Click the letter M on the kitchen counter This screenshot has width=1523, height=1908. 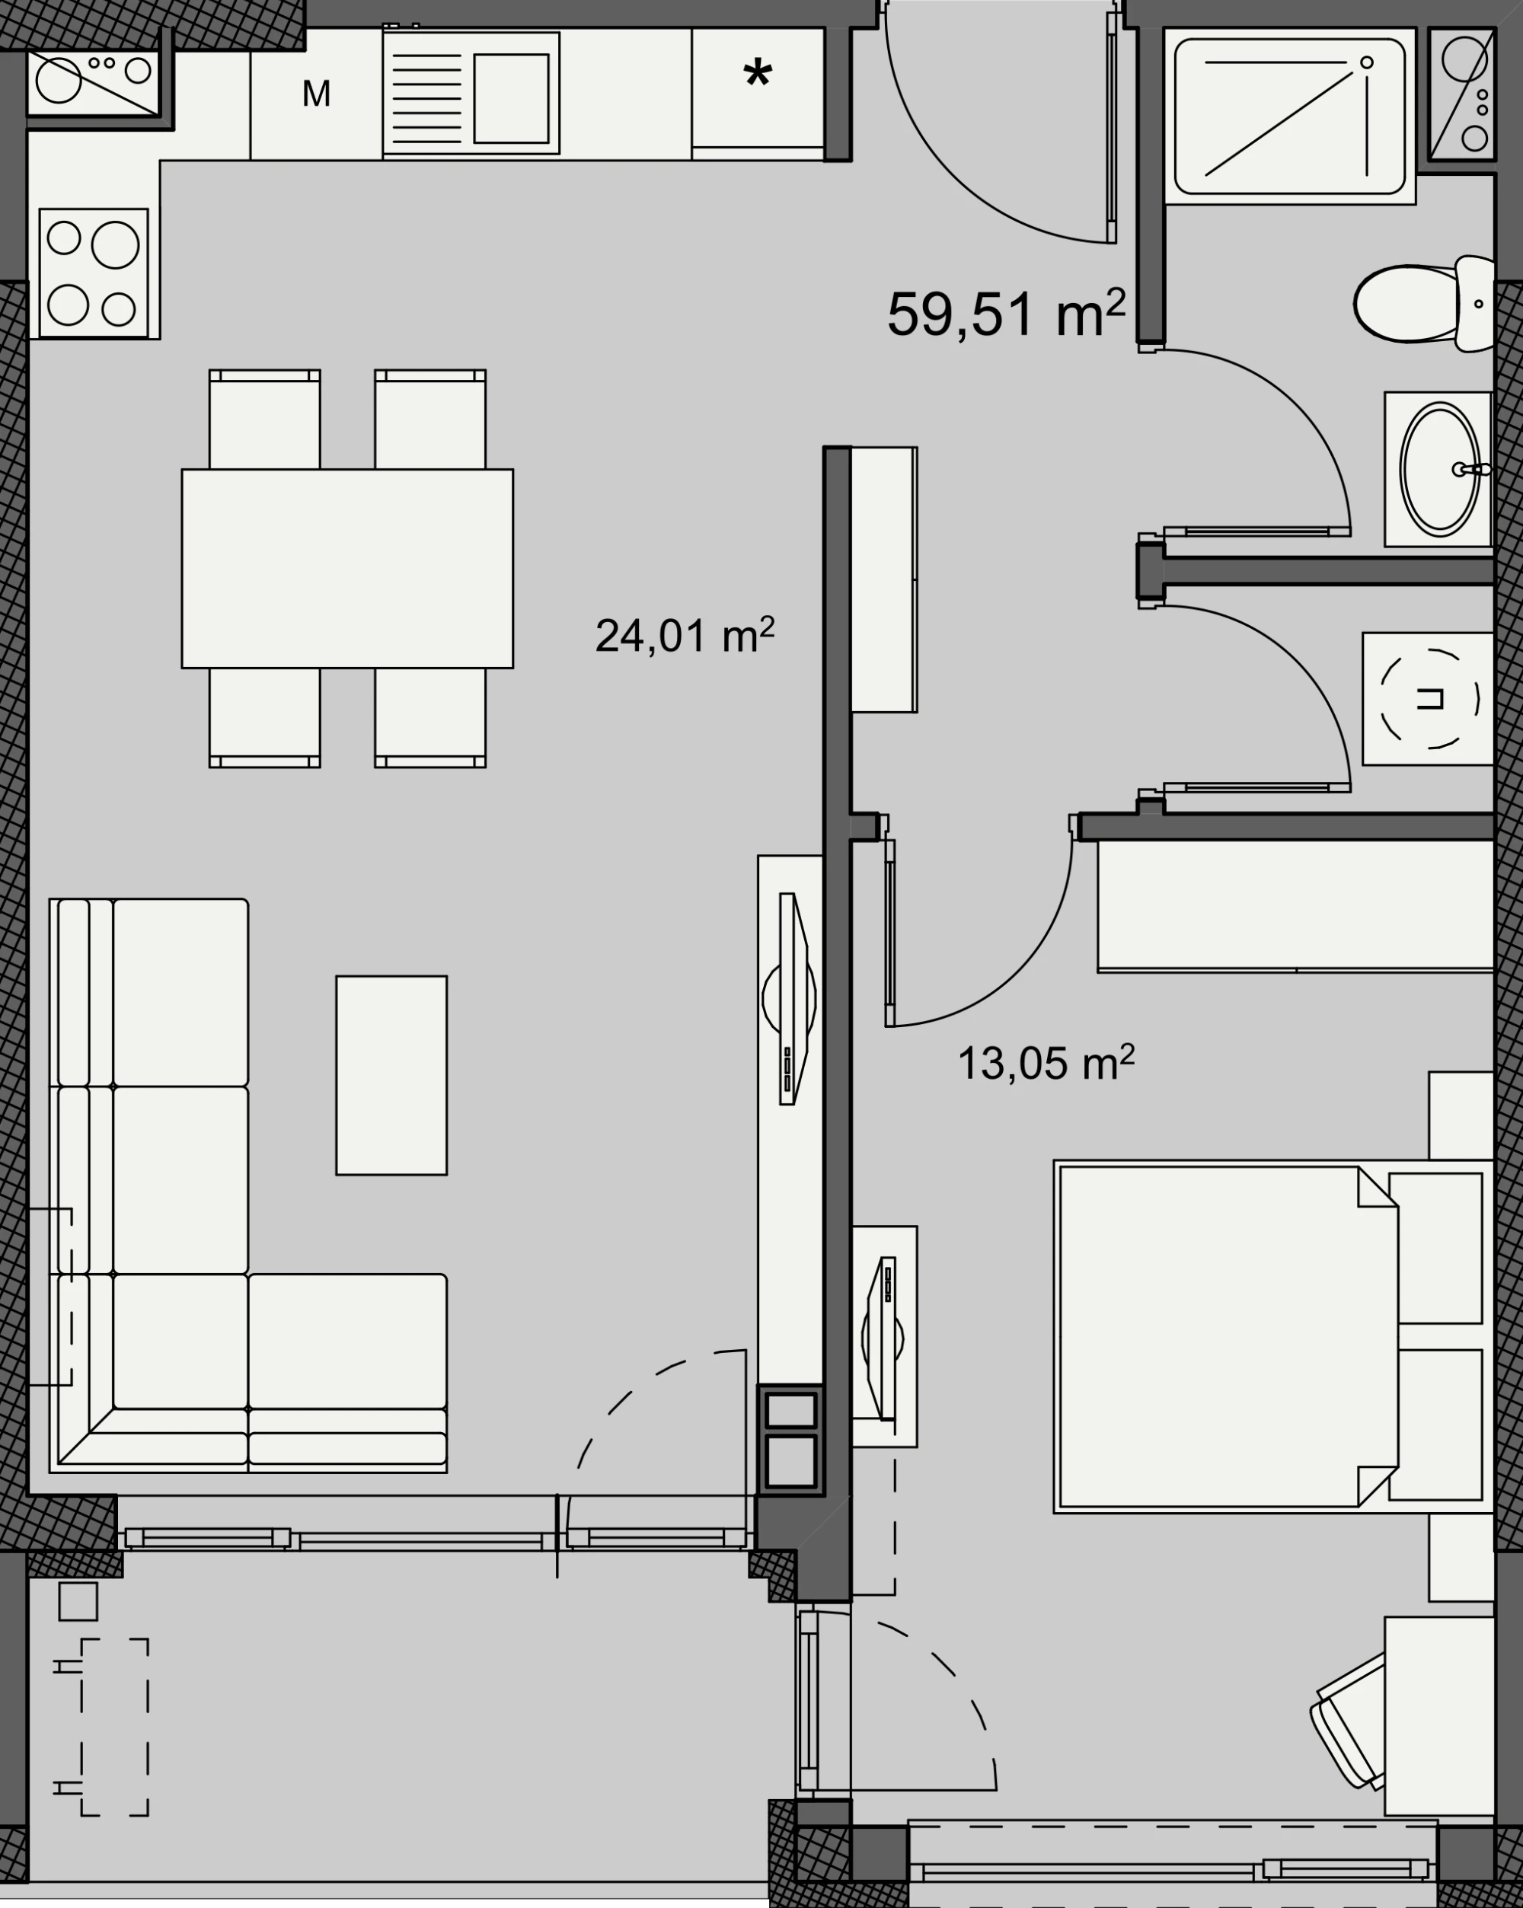(x=316, y=93)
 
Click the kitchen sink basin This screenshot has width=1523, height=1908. (x=511, y=98)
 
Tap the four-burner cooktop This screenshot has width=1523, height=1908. (x=93, y=273)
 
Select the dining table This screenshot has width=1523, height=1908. (x=347, y=568)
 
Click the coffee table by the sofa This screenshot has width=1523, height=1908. (x=391, y=1075)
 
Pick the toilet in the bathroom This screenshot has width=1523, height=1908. (x=1424, y=304)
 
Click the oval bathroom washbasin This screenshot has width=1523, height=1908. (x=1440, y=469)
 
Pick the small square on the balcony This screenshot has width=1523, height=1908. (x=78, y=1602)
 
